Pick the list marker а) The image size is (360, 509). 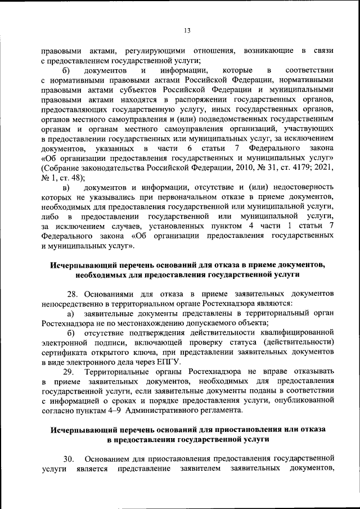[71, 313]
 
